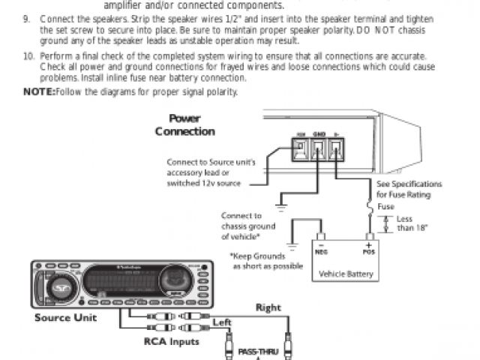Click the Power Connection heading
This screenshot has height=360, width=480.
coord(184,125)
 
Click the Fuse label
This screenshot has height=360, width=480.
coord(385,207)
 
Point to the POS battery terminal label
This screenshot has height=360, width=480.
coord(369,252)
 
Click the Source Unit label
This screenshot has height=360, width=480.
coord(65,317)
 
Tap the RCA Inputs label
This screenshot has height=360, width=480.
coord(172,341)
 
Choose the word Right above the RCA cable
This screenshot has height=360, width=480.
coord(268,307)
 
